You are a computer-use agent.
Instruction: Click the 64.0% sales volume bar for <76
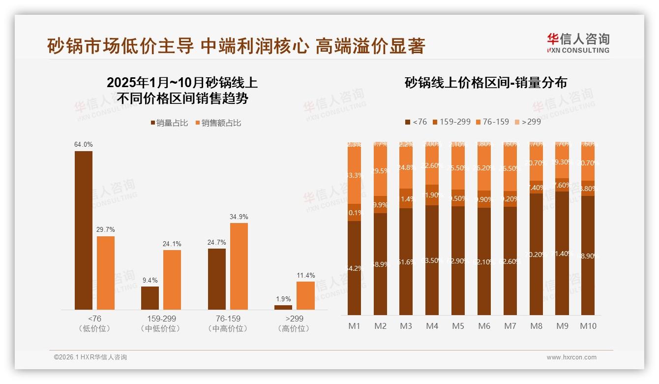click(84, 230)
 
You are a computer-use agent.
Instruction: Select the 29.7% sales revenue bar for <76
click(106, 273)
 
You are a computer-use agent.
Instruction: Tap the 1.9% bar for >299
click(283, 307)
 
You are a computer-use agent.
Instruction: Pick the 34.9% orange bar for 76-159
click(239, 266)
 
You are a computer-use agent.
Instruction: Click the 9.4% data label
click(150, 280)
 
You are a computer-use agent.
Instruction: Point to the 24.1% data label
click(172, 244)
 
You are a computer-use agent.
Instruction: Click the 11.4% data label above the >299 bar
click(305, 275)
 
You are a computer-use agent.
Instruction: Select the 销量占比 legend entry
click(169, 123)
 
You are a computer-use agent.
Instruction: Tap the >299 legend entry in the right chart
click(527, 122)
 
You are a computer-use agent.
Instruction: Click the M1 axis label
click(354, 326)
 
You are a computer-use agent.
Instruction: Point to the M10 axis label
click(588, 326)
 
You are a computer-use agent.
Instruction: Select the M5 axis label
click(458, 326)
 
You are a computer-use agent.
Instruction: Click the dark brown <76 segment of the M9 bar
click(562, 254)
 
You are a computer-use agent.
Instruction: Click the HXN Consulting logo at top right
click(578, 43)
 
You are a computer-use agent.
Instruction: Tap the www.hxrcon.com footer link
click(571, 357)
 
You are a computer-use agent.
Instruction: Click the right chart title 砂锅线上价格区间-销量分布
click(485, 83)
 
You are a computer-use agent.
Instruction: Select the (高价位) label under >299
click(294, 328)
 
